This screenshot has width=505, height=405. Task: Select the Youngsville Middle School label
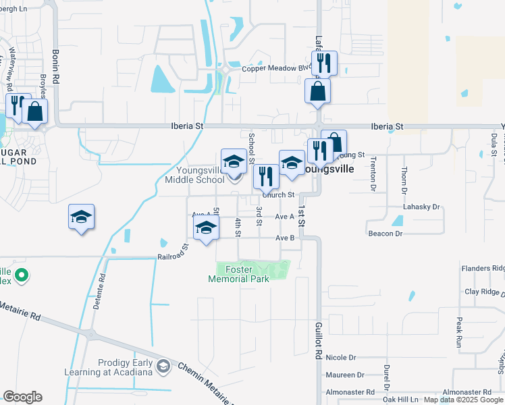coord(194,175)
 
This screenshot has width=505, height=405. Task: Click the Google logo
coord(22,397)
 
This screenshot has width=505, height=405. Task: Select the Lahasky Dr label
coord(421,207)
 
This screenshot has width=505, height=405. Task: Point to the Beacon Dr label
coord(385,233)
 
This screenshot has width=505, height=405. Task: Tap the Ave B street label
coord(284,238)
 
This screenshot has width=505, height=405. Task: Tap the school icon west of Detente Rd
coord(81,217)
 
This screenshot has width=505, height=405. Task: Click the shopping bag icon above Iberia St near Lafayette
coord(317,90)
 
